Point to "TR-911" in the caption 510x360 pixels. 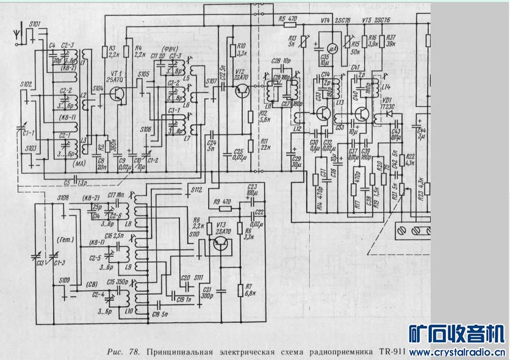tap(392, 352)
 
